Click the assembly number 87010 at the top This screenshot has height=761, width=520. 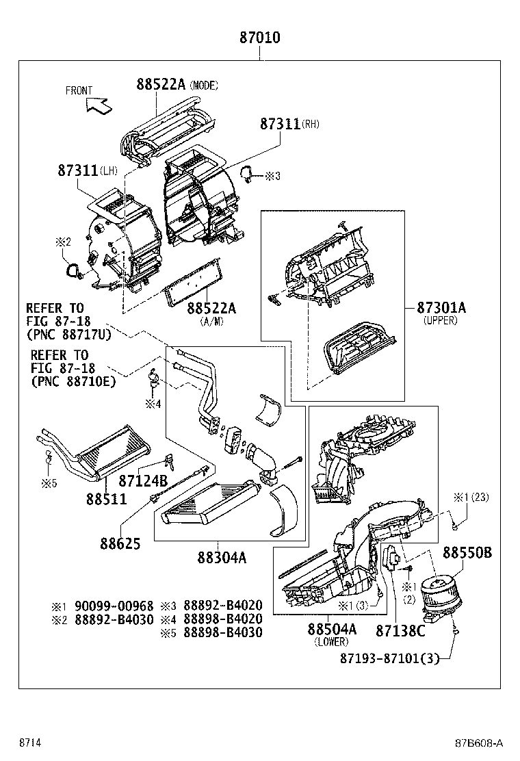point(259,38)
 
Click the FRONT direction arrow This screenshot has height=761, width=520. point(97,105)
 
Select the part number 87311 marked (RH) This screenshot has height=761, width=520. point(279,125)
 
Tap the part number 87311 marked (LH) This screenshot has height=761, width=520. point(77,171)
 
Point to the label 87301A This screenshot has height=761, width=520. point(440,308)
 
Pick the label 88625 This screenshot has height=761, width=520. point(120,544)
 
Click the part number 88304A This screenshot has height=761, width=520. point(223,557)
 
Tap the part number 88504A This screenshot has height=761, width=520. point(332,629)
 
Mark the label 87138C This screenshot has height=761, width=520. point(400,630)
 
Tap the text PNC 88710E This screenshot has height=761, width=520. point(73,381)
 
